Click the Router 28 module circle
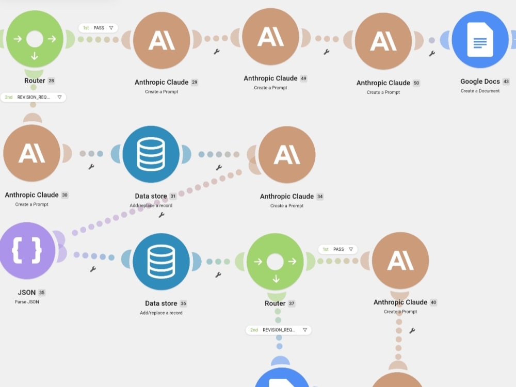35,39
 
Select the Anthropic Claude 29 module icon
162,40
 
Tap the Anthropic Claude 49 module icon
270,37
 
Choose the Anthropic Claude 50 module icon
383,41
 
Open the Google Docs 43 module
480,40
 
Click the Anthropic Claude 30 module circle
31,153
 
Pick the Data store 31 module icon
151,154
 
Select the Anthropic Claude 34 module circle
287,155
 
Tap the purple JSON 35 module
27,250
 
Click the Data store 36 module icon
161,262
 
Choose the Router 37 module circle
275,262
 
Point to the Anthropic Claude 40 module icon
400,260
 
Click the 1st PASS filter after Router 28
98,28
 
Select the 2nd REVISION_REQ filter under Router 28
33,98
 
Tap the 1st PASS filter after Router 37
337,249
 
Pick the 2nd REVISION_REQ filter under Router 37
279,330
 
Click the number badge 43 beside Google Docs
506,82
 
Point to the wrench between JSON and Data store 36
93,269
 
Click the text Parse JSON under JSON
27,302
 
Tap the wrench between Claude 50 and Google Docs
432,53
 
